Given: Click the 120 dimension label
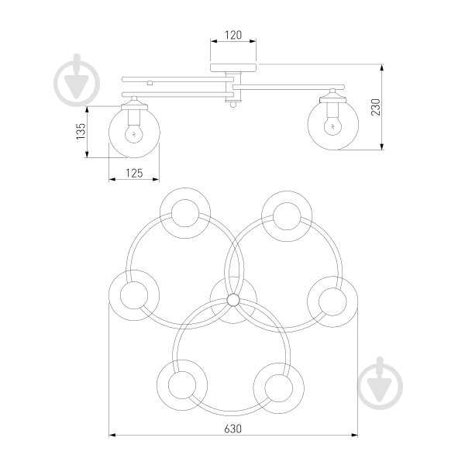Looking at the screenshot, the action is [233, 35].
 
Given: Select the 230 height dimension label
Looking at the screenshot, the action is [375, 107].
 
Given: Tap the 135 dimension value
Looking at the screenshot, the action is [81, 132].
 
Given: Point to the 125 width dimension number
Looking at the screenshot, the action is [134, 173].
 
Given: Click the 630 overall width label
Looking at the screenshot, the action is [232, 429].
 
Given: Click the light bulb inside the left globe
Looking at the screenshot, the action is [134, 132].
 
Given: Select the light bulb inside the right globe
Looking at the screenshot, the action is [332, 125].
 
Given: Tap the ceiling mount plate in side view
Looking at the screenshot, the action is [233, 67].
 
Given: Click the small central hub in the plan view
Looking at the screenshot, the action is [233, 300].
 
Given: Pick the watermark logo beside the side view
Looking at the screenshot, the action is [77, 80].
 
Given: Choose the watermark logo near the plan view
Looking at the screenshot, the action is [381, 384].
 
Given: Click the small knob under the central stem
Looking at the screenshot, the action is [233, 104].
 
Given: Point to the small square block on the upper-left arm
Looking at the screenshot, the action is [150, 83].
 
